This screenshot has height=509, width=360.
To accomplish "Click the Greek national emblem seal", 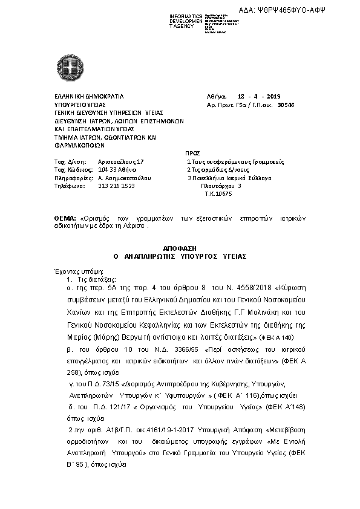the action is [66, 63].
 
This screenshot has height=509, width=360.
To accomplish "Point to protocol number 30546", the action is [286, 104].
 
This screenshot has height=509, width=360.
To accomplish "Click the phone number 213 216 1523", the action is [116, 186].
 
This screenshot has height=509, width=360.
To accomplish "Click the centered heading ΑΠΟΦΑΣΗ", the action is [180, 248].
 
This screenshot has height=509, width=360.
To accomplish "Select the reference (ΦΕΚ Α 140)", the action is [277, 336].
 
